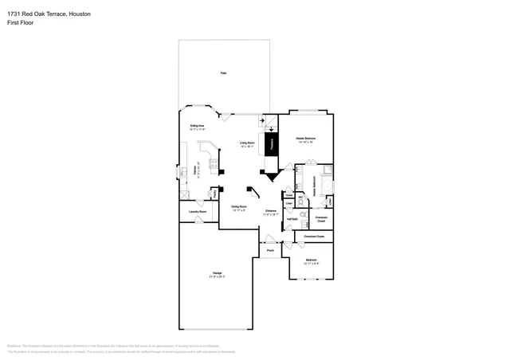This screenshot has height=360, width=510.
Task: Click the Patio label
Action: point(223,73)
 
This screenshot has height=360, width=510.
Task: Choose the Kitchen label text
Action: point(196,171)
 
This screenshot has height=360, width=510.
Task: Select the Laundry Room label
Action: point(198,212)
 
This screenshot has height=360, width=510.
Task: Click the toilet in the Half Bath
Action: point(304,213)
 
